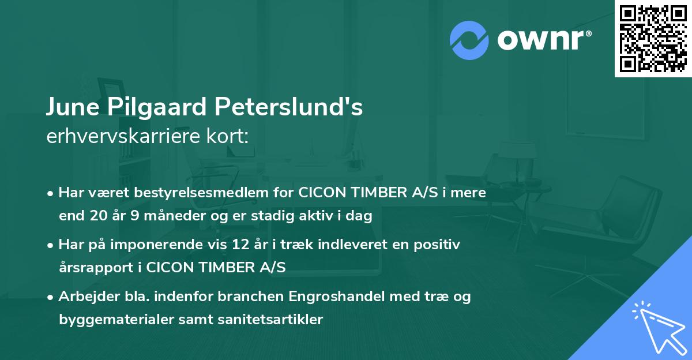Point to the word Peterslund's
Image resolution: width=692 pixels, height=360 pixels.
tap(289, 108)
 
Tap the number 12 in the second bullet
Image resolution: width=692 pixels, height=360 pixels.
tap(239, 245)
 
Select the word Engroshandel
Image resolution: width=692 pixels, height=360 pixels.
tap(331, 297)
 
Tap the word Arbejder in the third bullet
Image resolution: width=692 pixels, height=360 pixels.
tap(85, 297)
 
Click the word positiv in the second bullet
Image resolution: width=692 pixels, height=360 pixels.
tap(441, 245)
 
